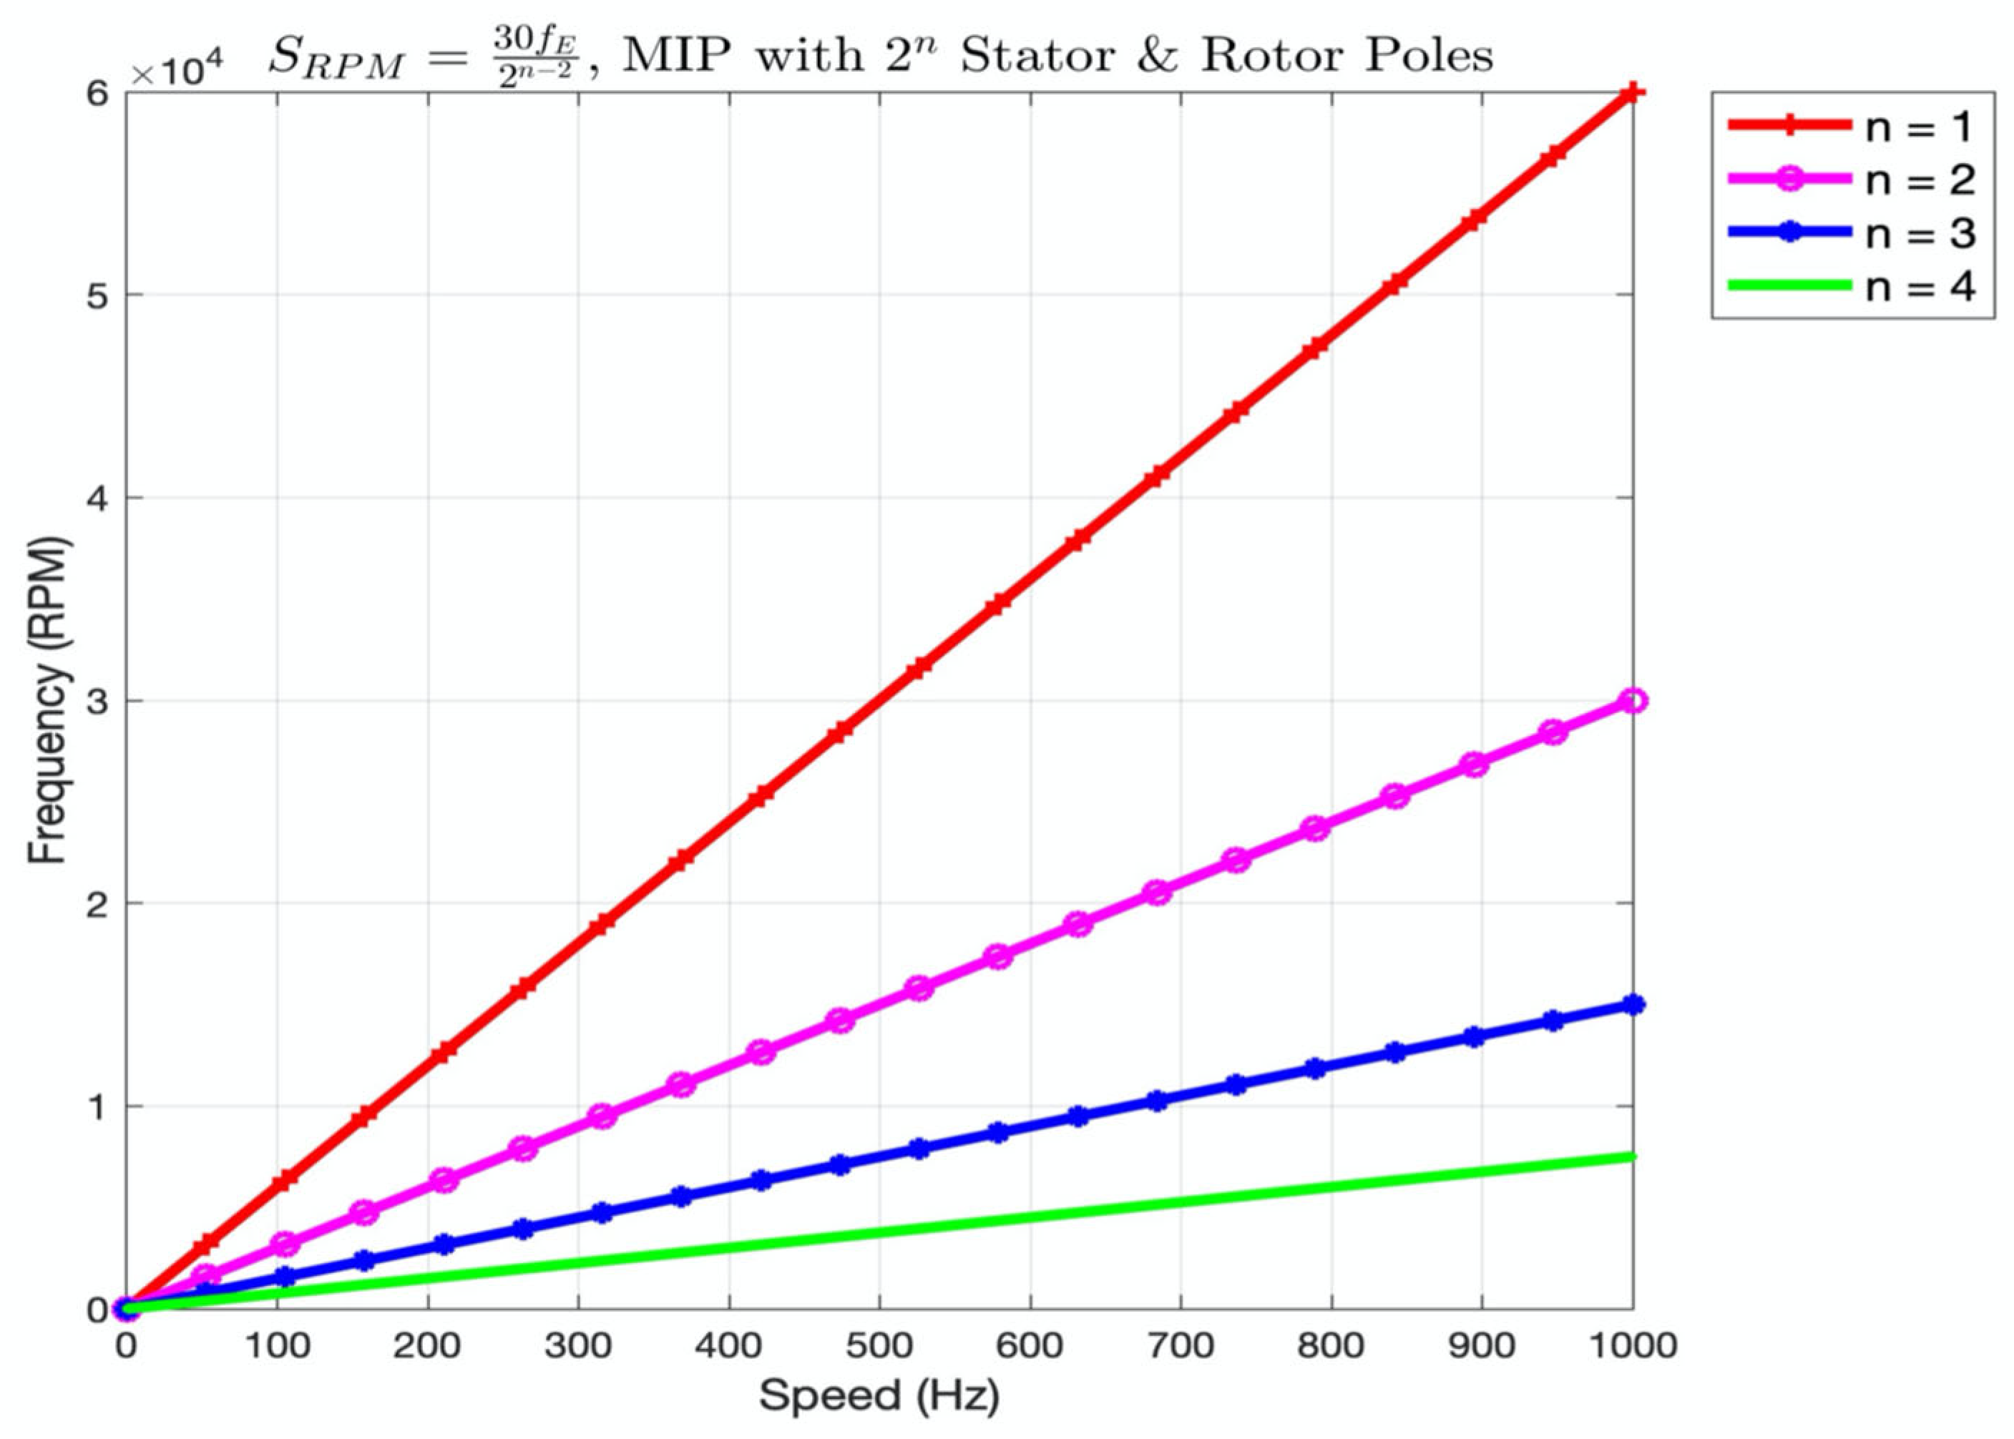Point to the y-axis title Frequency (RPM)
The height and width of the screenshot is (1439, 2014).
[49, 701]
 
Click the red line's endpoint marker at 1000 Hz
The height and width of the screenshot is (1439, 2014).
[1633, 93]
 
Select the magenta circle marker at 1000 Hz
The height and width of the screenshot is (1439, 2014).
[1633, 701]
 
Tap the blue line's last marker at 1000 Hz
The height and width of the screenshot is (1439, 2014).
[1633, 1005]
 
